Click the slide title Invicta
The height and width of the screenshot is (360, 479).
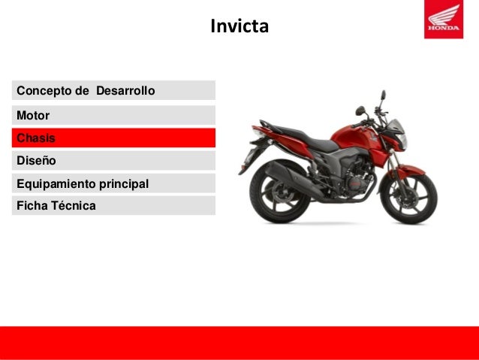click(x=239, y=28)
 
